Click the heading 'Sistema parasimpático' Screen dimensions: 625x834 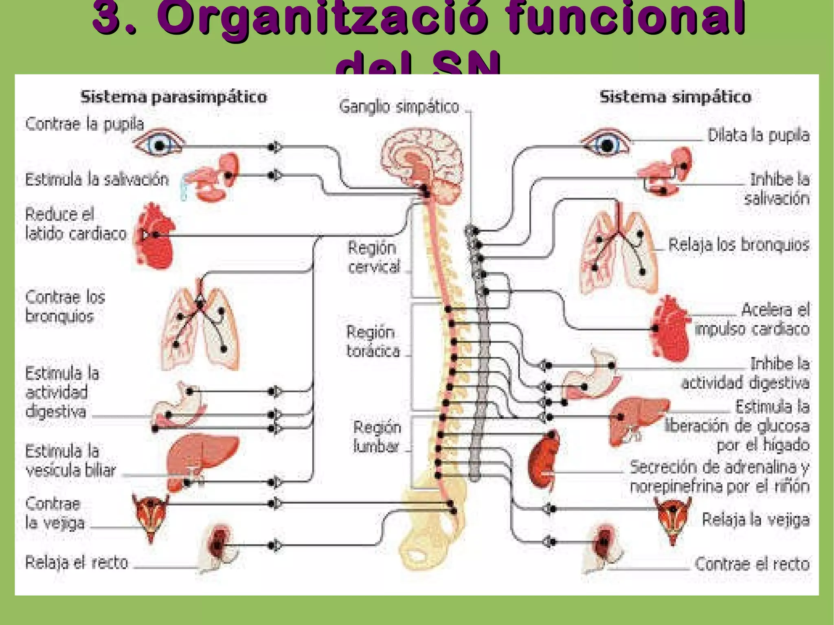point(174,97)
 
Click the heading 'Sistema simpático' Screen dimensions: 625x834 point(676,97)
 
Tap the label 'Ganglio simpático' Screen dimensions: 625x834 point(399,107)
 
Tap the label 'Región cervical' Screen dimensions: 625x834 point(373,257)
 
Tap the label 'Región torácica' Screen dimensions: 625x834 point(373,342)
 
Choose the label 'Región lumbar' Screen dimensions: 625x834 point(377,437)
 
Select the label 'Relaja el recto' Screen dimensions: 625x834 point(77,563)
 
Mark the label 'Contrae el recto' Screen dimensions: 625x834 point(752,564)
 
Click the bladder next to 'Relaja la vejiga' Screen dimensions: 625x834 point(672,519)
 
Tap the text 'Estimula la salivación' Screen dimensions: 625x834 point(97,180)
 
